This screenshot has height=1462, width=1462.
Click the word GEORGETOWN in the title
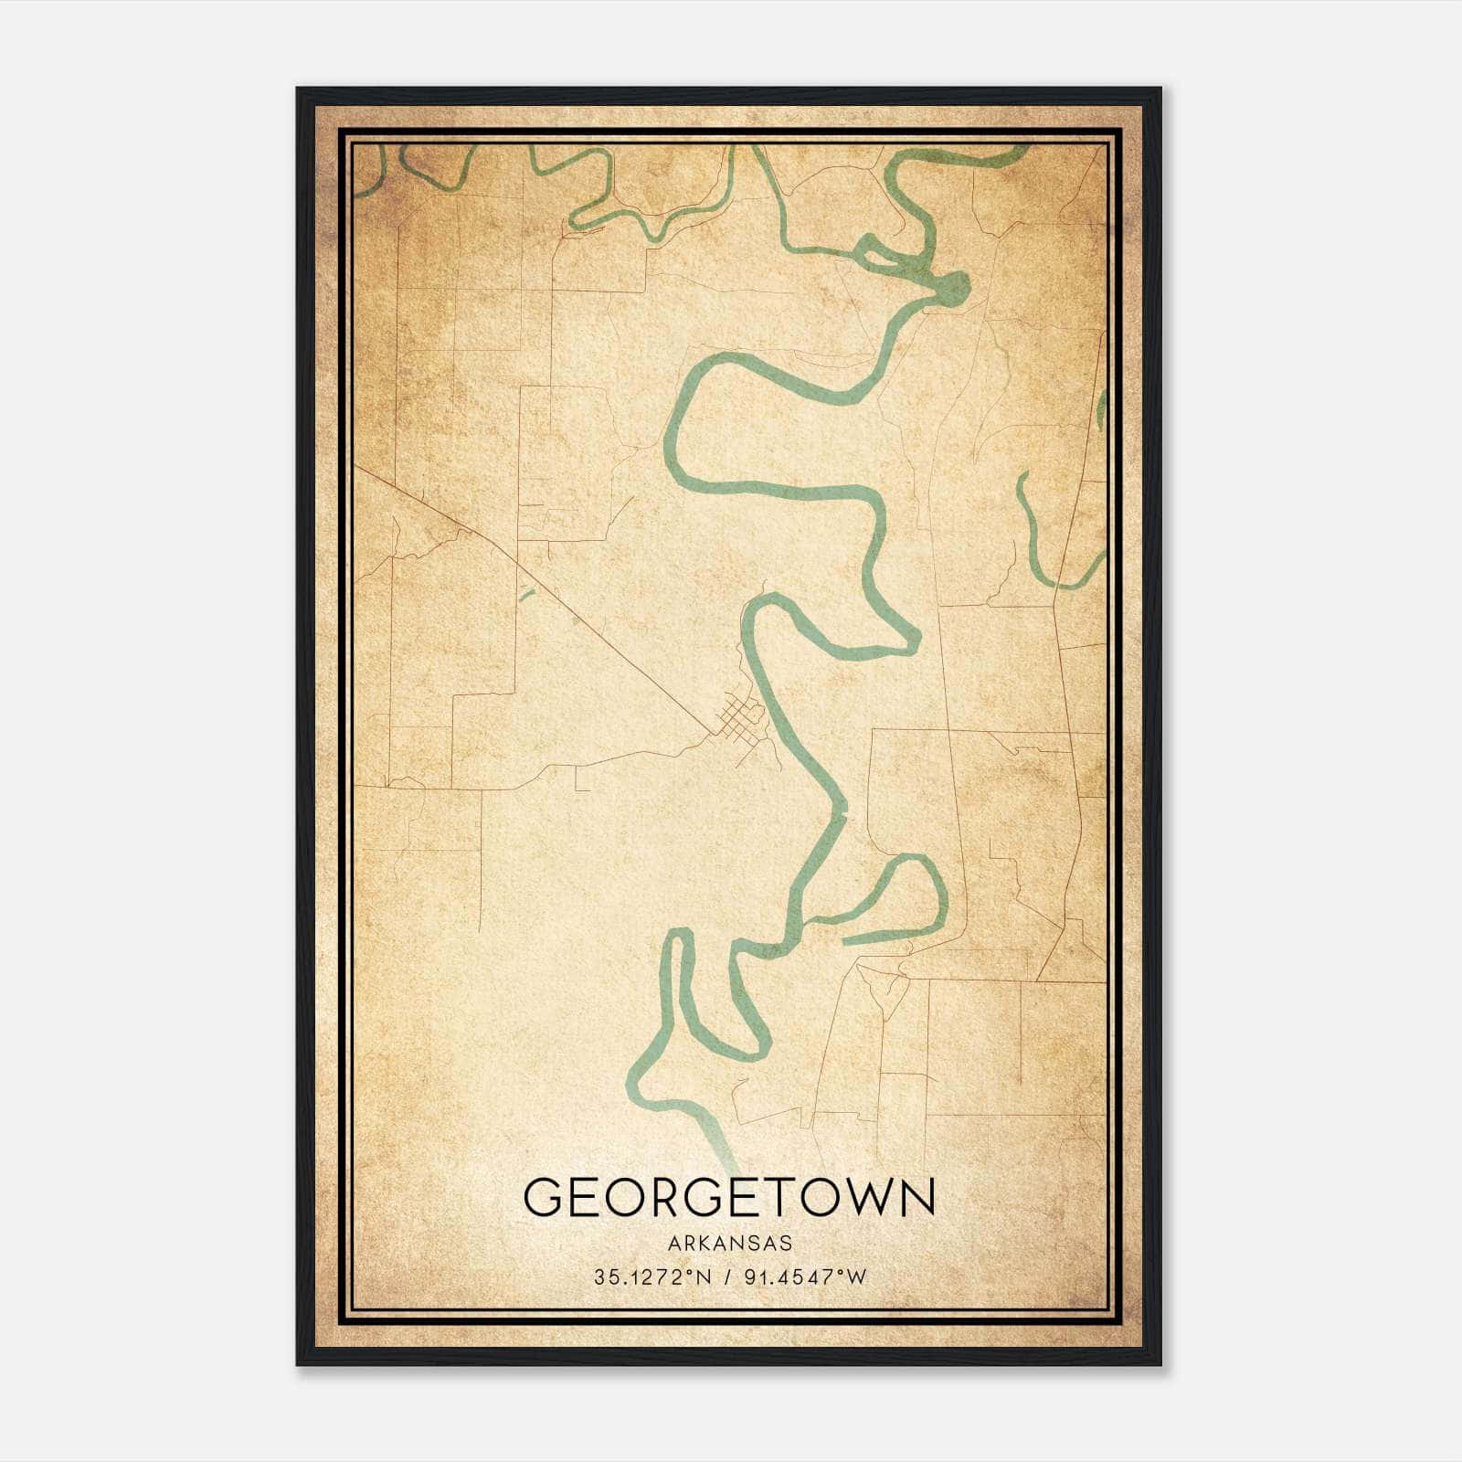pos(729,1196)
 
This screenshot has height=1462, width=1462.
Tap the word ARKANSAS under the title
pos(729,1243)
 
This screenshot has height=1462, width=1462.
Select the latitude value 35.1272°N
pos(652,1277)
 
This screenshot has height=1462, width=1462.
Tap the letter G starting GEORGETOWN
pos(540,1197)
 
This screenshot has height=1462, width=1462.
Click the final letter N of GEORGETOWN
pos(917,1197)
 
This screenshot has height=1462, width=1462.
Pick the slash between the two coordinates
pos(728,1277)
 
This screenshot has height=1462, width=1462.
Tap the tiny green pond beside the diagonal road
pos(525,595)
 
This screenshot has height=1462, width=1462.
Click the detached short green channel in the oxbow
pos(886,934)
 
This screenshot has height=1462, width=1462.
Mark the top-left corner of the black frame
pos(297,89)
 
